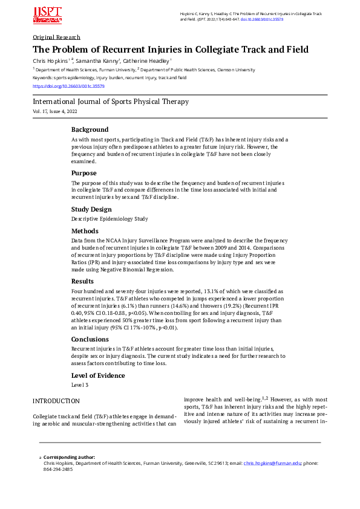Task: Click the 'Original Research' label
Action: point(56,37)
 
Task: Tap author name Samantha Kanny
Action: point(99,61)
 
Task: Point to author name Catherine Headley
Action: point(145,61)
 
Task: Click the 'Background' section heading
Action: point(90,129)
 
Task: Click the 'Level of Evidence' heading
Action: point(98,375)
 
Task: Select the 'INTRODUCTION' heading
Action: point(56,401)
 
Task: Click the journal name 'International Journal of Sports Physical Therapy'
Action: point(110,102)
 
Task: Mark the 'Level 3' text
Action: point(80,384)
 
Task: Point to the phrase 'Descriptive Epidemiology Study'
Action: point(109,218)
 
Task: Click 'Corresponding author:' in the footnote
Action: point(69,457)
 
